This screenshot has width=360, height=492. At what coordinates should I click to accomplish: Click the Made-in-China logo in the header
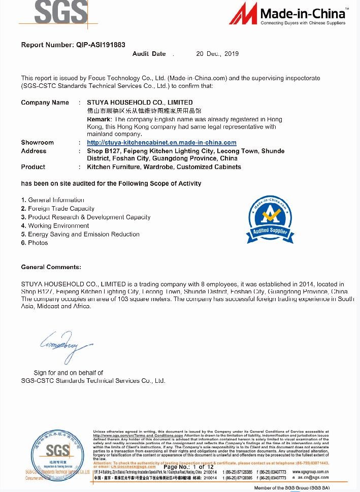click(x=288, y=14)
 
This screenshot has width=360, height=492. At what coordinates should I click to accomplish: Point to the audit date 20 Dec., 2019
click(x=217, y=54)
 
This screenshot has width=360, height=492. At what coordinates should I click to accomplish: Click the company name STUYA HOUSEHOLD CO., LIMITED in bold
click(x=140, y=103)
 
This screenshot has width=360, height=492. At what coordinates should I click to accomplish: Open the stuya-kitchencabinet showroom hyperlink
click(x=161, y=143)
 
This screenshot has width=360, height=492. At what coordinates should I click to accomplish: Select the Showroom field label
click(x=37, y=143)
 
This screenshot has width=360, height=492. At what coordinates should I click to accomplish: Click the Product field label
click(x=33, y=167)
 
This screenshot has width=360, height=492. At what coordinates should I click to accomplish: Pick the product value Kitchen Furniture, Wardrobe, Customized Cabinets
click(x=164, y=167)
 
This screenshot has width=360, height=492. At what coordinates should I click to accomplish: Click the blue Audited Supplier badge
click(x=270, y=218)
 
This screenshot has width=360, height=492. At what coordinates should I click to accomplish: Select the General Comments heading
click(x=51, y=267)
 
